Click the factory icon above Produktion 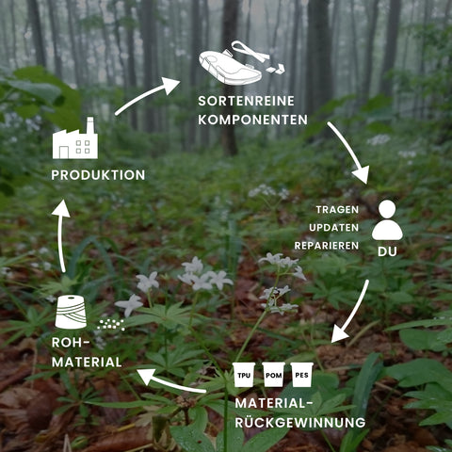[75, 138]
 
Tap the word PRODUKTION [98, 175]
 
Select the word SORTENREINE [247, 101]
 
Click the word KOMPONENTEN [252, 120]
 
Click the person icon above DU [387, 220]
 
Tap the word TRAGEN [337, 210]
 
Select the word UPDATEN [334, 228]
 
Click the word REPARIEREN [327, 246]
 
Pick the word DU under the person [387, 251]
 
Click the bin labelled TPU [244, 375]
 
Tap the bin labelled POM [273, 375]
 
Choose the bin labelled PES [302, 375]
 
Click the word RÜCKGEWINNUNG [300, 423]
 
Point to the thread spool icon [71, 312]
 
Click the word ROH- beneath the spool [71, 343]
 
